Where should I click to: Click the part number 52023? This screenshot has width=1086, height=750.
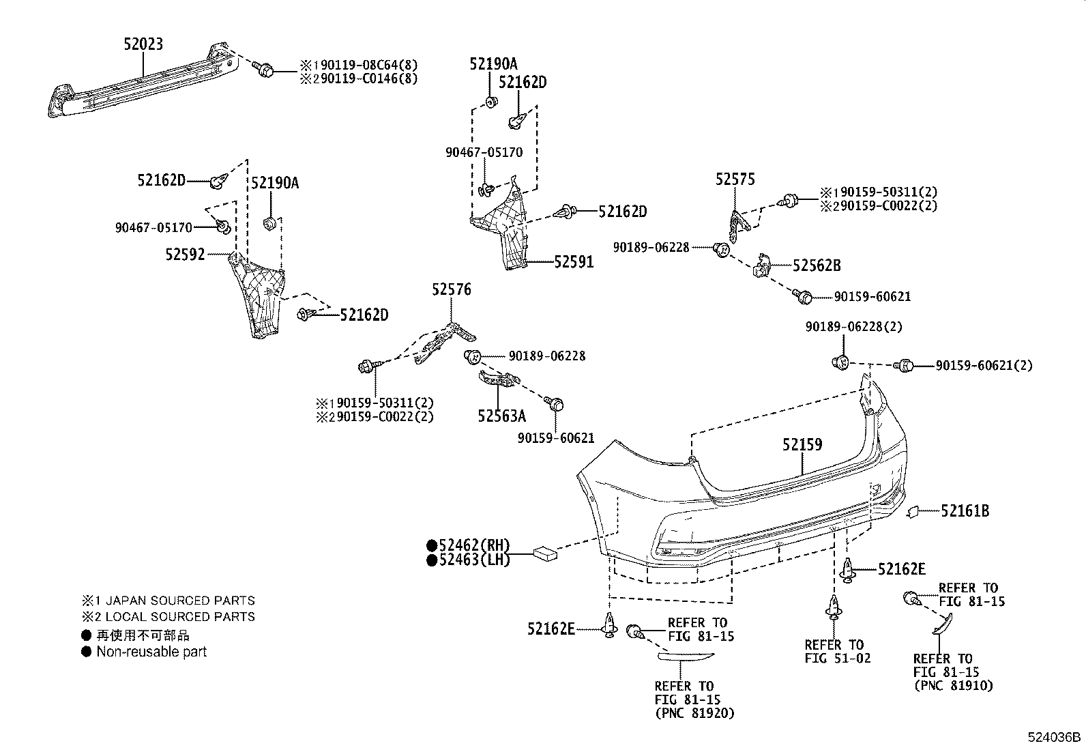coord(143,44)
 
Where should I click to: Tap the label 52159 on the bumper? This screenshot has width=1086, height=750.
coord(802,445)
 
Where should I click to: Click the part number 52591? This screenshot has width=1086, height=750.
coord(574,261)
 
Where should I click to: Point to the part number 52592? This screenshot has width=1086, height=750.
coord(184,255)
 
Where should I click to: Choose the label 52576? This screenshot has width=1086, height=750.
coord(451,289)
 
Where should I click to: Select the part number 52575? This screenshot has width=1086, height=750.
coord(735,179)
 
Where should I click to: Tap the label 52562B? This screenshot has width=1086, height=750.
coord(817,266)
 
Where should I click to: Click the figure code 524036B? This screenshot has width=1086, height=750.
coord(1054,738)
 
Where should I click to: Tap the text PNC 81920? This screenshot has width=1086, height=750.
coord(694,713)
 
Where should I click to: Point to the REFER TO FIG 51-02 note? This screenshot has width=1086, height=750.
coord(837,652)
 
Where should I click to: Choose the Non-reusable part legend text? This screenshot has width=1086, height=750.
coord(151,652)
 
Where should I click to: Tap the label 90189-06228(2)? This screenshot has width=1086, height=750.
coord(853,327)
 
